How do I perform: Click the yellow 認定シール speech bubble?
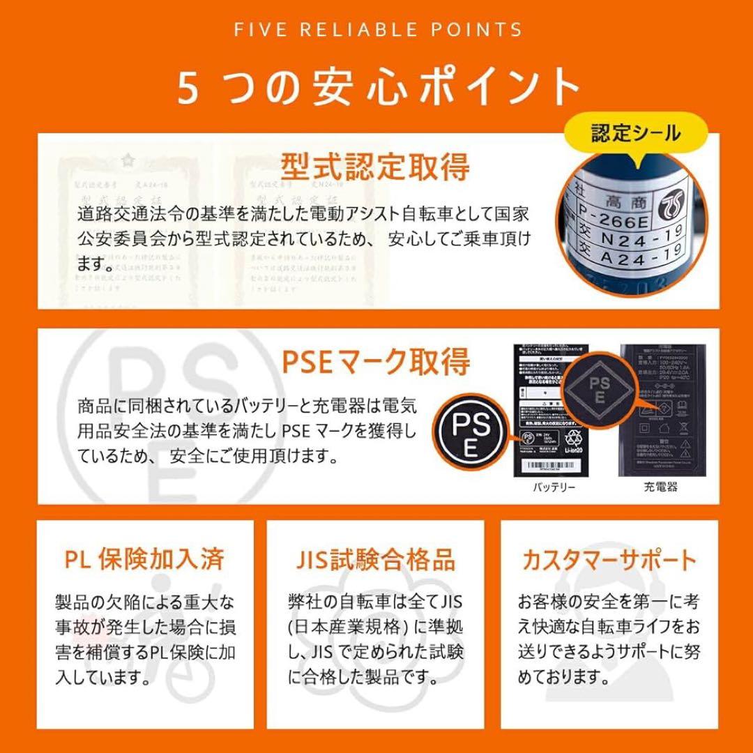635,133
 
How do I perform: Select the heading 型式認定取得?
375,167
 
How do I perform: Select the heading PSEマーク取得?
376,363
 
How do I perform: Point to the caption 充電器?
660,487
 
